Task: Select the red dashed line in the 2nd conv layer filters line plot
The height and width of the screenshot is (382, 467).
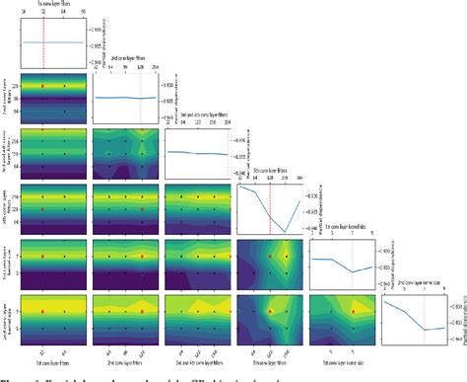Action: tap(142, 98)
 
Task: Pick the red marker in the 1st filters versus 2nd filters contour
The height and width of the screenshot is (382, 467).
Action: tap(43, 87)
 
